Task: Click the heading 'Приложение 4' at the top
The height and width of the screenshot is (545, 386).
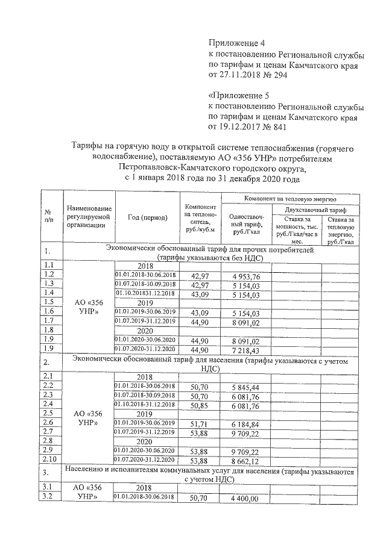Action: (236, 43)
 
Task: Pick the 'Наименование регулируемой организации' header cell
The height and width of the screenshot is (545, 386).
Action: (90, 216)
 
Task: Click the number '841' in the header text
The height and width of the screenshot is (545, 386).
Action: (278, 127)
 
